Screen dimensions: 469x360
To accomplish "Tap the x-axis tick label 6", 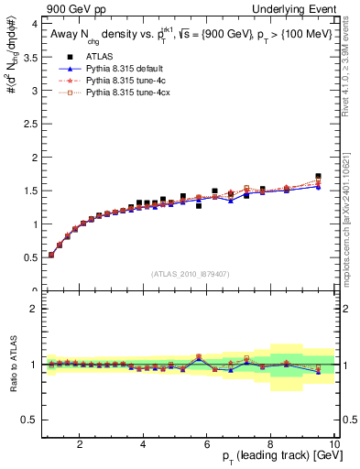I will tap(207, 445).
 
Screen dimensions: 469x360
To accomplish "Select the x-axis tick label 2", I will tap(80, 445).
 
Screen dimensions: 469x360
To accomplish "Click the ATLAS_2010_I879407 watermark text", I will tap(190, 273).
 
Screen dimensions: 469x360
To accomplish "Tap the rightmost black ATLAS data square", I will tap(318, 176).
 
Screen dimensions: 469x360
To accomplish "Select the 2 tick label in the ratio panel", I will tap(34, 309).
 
